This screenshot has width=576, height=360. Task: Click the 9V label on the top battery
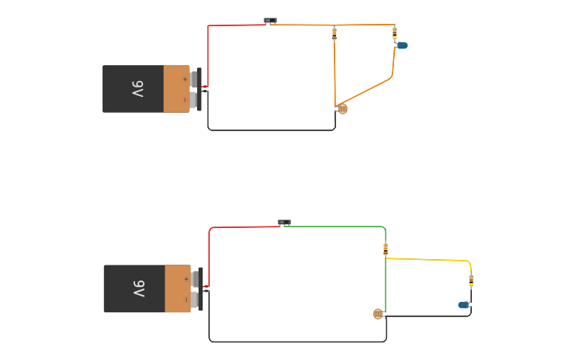tap(137, 89)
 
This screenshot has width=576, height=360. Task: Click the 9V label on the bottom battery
tap(138, 288)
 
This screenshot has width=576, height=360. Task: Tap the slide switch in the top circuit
tap(270, 21)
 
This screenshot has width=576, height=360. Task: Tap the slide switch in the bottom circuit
tap(284, 223)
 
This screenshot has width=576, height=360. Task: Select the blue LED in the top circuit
tap(401, 45)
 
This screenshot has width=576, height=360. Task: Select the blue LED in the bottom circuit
tap(464, 304)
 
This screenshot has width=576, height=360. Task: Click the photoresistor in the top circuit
tap(342, 109)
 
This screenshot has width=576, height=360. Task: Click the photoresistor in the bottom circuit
tap(378, 314)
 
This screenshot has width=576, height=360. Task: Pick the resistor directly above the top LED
tap(395, 33)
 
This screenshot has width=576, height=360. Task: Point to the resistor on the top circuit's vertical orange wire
tap(334, 33)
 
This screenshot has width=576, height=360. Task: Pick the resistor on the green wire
tap(385, 249)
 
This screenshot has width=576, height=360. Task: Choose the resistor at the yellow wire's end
tap(470, 280)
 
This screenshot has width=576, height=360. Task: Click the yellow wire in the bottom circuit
tap(429, 259)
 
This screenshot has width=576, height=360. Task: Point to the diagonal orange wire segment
tap(367, 92)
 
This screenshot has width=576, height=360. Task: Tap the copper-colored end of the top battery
tap(176, 89)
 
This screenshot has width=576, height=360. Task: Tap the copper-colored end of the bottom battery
tap(177, 288)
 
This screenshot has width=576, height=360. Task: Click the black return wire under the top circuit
tap(270, 130)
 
